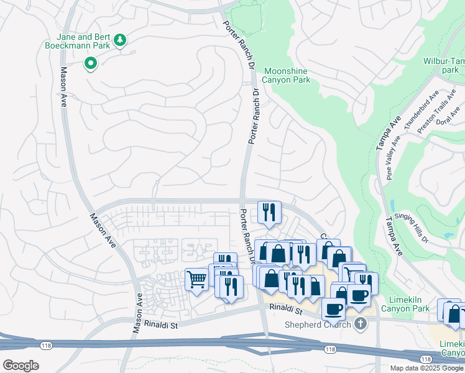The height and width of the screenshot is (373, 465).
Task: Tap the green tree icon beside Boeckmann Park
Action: [120, 42]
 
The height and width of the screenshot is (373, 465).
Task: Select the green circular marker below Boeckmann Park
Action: [91, 63]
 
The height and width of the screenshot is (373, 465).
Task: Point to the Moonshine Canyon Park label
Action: [286, 75]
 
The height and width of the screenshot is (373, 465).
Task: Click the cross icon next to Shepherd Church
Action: [360, 324]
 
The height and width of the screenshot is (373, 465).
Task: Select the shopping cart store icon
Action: [197, 280]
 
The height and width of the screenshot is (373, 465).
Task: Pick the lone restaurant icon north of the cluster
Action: [269, 212]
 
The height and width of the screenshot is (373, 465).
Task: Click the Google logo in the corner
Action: [21, 366]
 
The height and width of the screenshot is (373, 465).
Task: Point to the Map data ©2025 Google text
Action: [426, 368]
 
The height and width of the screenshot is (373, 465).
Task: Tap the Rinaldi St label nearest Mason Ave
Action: [161, 324]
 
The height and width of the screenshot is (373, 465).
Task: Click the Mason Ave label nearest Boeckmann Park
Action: [63, 88]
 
